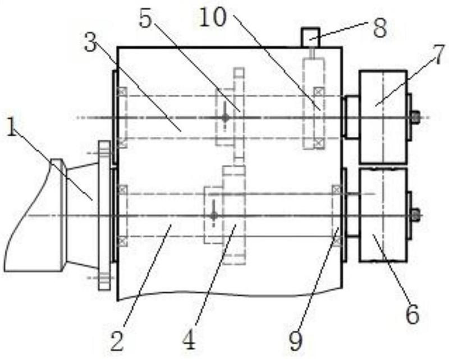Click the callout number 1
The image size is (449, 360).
[11, 127]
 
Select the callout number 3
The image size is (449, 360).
[91, 42]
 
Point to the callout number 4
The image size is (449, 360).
[189, 340]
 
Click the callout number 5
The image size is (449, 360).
[145, 17]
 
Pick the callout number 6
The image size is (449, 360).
[413, 313]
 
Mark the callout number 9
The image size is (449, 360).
[296, 340]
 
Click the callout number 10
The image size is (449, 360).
[213, 16]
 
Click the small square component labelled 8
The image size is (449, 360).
[310, 37]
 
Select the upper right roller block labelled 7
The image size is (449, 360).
[383, 117]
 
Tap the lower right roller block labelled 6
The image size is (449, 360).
[383, 215]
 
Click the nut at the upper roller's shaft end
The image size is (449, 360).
[415, 117]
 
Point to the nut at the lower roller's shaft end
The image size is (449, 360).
[415, 215]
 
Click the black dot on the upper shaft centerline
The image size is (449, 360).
[226, 117]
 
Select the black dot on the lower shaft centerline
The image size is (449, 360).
[213, 215]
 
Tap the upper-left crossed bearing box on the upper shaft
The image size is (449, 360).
[122, 91]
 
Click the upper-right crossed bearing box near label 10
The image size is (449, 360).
[319, 91]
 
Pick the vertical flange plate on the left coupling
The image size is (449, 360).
[104, 215]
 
